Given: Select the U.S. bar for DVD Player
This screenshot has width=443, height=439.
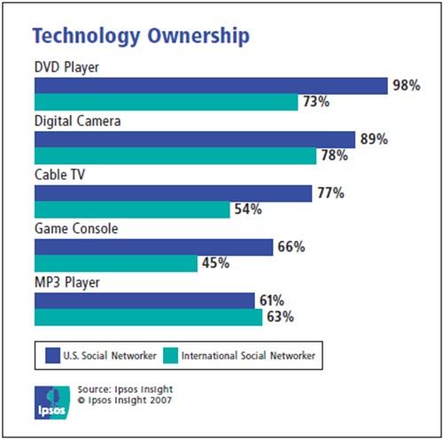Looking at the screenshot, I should (211, 85).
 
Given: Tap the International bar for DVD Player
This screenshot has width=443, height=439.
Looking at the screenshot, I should (166, 103).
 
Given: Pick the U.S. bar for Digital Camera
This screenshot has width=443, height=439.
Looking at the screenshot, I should (195, 139).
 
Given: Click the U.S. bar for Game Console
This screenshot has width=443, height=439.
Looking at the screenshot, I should (153, 246).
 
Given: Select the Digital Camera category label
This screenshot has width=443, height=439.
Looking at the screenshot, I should (76, 121).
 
